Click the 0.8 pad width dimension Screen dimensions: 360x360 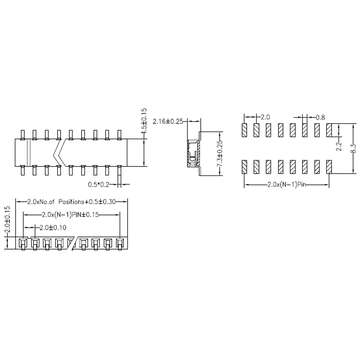[320, 118]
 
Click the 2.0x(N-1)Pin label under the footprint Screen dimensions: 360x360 [289, 186]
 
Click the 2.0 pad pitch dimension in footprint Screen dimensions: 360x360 [264, 118]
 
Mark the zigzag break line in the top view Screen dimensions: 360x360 [63, 149]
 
